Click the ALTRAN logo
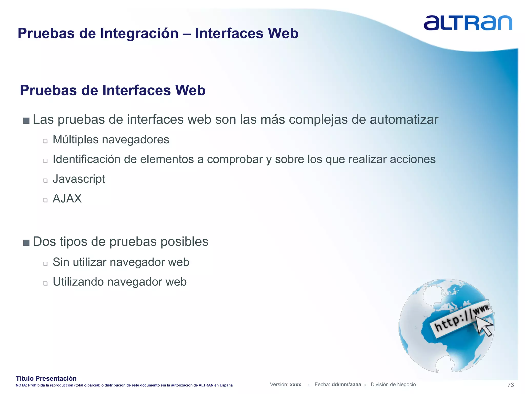[x=468, y=23]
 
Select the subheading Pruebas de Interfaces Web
[x=113, y=90]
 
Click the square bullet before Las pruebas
[x=26, y=121]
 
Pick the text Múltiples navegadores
[x=111, y=140]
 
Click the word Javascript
[x=79, y=179]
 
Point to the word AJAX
[x=67, y=199]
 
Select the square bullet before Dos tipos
[x=26, y=243]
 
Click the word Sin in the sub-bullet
[x=61, y=262]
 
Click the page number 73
[x=510, y=385]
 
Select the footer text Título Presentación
[x=46, y=378]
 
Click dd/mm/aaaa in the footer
[x=346, y=385]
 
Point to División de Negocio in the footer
[x=393, y=385]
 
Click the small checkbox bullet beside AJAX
[x=45, y=200]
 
